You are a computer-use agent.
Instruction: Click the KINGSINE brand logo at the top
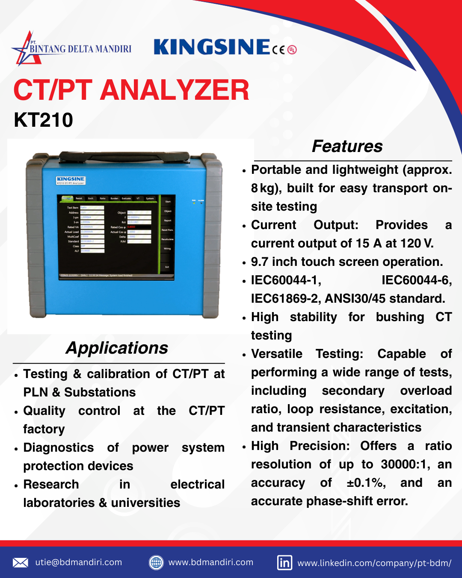[x=212, y=47]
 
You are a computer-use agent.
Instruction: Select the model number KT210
[x=43, y=120]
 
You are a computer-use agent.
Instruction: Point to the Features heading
[x=347, y=146]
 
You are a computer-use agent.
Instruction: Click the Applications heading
[x=117, y=348]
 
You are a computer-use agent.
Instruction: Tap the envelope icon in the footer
[x=20, y=563]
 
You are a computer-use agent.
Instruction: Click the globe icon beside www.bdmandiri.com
[x=156, y=563]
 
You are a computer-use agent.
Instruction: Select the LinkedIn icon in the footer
[x=285, y=563]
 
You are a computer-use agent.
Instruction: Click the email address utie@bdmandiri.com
[x=79, y=562]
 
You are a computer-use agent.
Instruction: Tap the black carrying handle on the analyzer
[x=124, y=156]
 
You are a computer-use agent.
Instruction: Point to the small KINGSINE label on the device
[x=71, y=180]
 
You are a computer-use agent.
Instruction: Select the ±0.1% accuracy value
[x=366, y=483]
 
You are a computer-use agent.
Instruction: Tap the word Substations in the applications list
[x=100, y=393]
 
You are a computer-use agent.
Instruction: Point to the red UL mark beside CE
[x=292, y=50]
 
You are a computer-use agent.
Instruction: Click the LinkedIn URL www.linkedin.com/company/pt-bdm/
[x=374, y=563]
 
